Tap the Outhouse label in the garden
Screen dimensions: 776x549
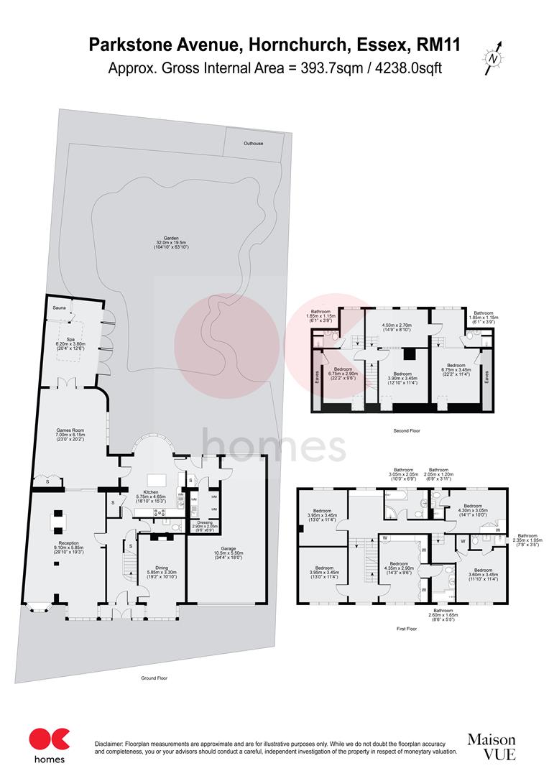[253, 143]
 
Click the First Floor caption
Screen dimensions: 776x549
[407, 628]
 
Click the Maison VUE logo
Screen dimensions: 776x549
[492, 746]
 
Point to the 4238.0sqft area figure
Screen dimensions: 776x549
[408, 69]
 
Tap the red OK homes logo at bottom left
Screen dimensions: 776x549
[50, 744]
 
